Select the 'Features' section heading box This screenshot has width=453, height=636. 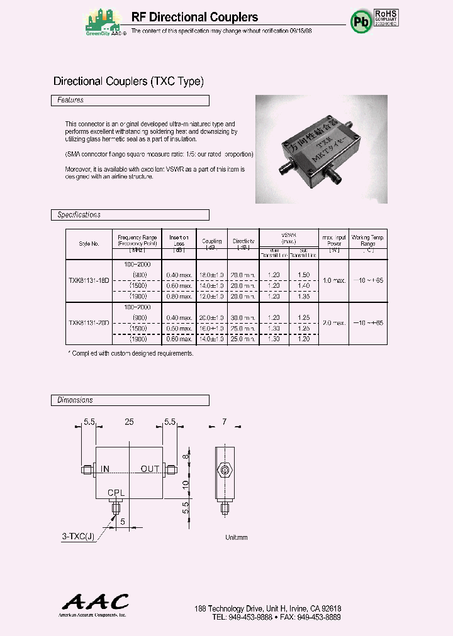tap(130, 101)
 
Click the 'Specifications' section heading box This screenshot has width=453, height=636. tap(130, 215)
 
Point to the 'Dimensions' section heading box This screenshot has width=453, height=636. tap(130, 400)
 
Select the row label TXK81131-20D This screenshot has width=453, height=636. tap(89, 323)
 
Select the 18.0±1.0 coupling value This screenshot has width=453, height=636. tap(212, 275)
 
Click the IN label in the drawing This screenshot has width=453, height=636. tap(105, 469)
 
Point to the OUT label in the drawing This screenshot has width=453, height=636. tap(150, 469)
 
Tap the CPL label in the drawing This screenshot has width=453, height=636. tap(116, 493)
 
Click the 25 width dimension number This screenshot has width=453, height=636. tap(129, 423)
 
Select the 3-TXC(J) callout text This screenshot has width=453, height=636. tap(78, 536)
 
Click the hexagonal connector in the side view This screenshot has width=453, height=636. tap(223, 470)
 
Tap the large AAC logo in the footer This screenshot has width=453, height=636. tap(93, 602)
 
